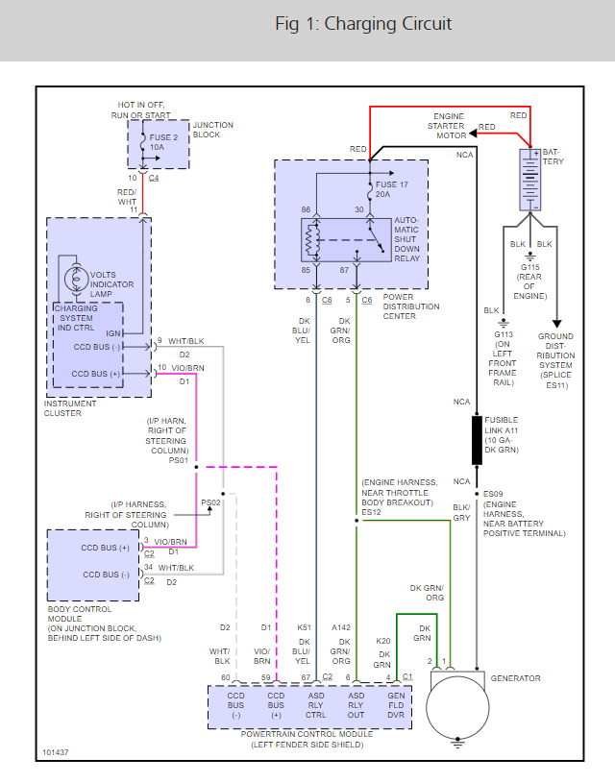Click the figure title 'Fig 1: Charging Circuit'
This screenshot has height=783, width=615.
point(363,24)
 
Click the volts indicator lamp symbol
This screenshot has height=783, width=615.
point(73,279)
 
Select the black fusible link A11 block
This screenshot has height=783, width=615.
point(476,440)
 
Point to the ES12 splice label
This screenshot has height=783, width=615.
point(372,512)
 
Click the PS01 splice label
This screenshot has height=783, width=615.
point(179,459)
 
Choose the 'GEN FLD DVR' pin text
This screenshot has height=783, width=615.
point(395,705)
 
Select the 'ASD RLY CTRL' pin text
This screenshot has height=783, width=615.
point(316,705)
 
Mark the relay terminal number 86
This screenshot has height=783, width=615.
point(306,209)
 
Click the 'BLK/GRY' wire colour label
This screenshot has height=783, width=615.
point(461,512)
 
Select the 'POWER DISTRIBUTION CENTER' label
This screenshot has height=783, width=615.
point(411,306)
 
